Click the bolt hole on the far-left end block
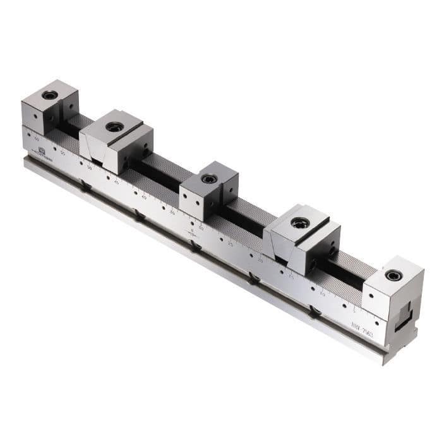(x=49, y=95)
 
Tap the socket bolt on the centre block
(x=208, y=179)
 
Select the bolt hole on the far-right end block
(x=393, y=275)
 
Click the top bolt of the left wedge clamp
(x=114, y=127)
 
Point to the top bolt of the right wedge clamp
(x=300, y=223)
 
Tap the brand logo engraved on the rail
(x=42, y=152)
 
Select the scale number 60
(x=37, y=138)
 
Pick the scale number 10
(x=321, y=293)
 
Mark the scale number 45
(x=116, y=182)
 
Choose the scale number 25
(x=230, y=243)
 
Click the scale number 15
(x=290, y=277)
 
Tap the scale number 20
(x=260, y=260)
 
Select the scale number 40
(x=144, y=197)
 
